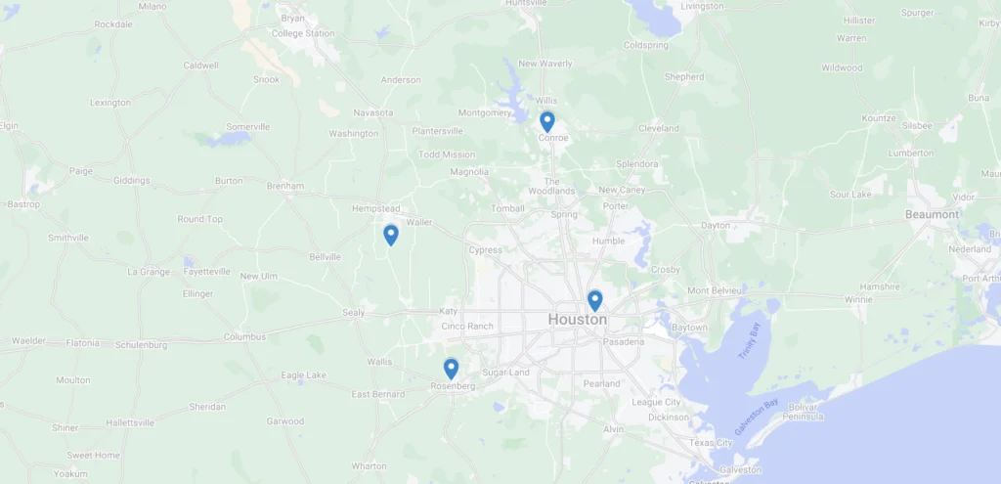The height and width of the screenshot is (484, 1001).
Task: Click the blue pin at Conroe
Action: [x=547, y=121]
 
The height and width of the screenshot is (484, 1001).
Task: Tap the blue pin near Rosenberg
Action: [x=451, y=368]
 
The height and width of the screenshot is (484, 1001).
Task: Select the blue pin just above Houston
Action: [x=594, y=300]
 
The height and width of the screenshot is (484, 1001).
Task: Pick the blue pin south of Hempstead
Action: [x=390, y=235]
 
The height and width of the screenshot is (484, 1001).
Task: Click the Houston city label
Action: [x=577, y=320]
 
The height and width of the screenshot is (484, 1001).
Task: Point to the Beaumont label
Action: [x=933, y=214]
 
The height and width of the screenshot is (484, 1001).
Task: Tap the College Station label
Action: [x=302, y=33]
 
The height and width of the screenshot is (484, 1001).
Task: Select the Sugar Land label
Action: [x=505, y=373]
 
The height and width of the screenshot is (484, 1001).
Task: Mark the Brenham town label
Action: [x=285, y=186]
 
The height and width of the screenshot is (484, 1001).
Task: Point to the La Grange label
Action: [x=149, y=272]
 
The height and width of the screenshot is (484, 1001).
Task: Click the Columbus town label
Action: [x=244, y=336]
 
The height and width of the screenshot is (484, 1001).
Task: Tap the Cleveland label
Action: [x=658, y=128]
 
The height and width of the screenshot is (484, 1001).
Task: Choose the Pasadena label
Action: [x=623, y=342]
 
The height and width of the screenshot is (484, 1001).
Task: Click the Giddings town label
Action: [x=132, y=180]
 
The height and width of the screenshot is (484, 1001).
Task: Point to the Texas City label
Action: [x=711, y=443]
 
